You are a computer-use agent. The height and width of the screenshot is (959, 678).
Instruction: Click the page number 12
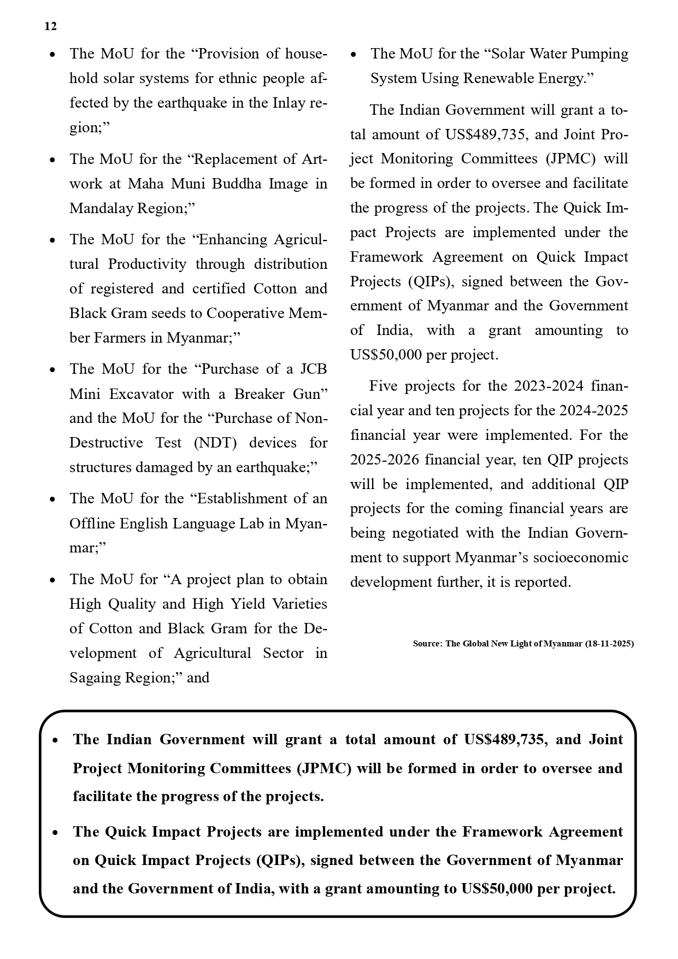point(50,26)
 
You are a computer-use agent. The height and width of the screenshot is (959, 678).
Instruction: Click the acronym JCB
point(314,369)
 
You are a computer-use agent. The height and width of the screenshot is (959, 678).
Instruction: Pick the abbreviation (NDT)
point(215,443)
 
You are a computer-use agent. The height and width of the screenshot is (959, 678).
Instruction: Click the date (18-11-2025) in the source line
point(609,644)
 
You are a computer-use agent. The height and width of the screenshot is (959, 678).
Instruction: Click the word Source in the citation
point(427,644)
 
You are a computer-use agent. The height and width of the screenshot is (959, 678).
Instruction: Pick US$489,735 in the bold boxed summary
point(504,739)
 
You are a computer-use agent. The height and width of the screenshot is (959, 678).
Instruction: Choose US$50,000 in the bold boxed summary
point(497,889)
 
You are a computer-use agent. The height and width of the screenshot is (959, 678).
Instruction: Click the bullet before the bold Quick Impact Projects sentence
point(55,833)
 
